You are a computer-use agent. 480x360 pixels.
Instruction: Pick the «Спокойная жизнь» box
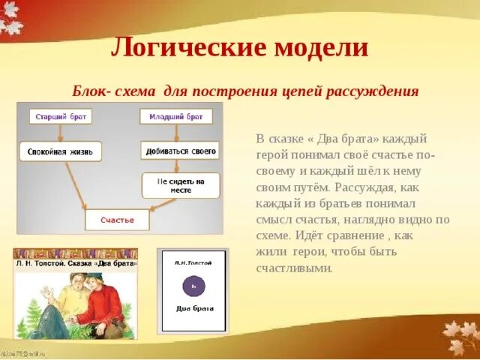[x=60, y=151]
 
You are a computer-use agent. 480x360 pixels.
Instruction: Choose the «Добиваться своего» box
[x=178, y=151]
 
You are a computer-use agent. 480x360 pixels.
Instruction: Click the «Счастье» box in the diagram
[x=117, y=220]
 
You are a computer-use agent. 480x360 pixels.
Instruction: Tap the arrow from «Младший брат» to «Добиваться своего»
[x=175, y=133]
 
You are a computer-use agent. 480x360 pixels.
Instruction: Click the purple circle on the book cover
[x=193, y=286]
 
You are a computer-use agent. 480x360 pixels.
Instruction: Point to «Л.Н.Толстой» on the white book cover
[x=193, y=261]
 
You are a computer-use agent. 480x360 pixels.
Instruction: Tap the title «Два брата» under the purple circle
[x=193, y=308]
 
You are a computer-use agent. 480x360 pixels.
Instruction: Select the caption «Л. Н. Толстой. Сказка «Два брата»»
[x=75, y=263]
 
